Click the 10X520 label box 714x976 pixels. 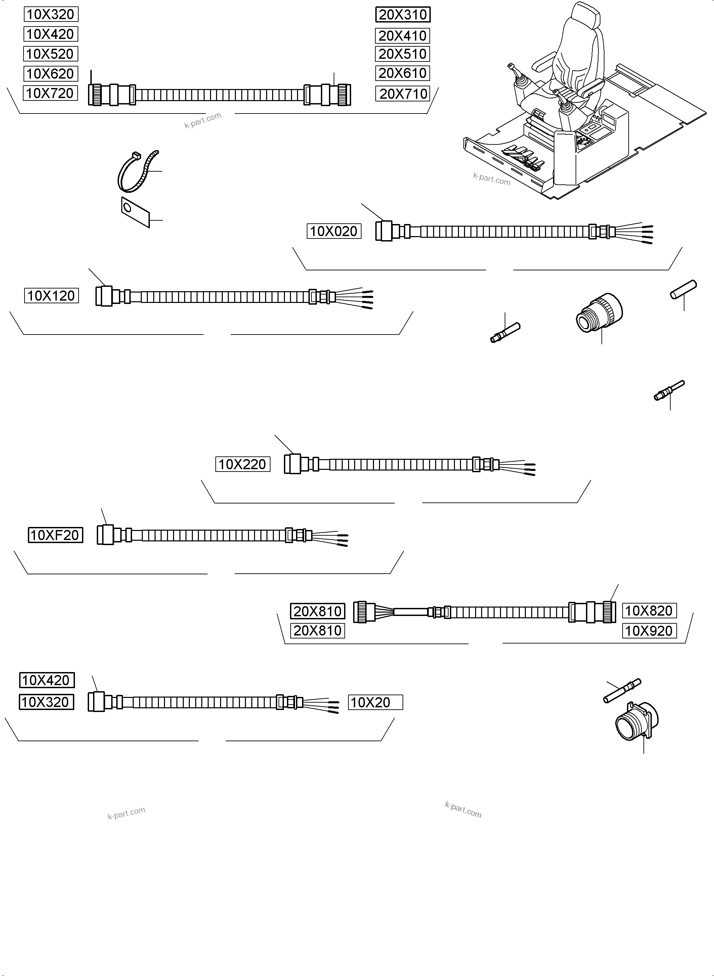point(50,54)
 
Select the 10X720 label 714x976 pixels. point(50,93)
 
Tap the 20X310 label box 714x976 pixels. point(403,15)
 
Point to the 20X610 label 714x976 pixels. point(403,73)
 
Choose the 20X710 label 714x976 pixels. point(403,93)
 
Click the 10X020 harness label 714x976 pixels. point(334,231)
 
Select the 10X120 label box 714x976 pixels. point(51,296)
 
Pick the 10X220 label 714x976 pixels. point(243,464)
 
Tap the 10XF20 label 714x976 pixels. point(55,535)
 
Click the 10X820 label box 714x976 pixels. point(649,611)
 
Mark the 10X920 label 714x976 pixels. point(649,630)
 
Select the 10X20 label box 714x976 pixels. point(375,702)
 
